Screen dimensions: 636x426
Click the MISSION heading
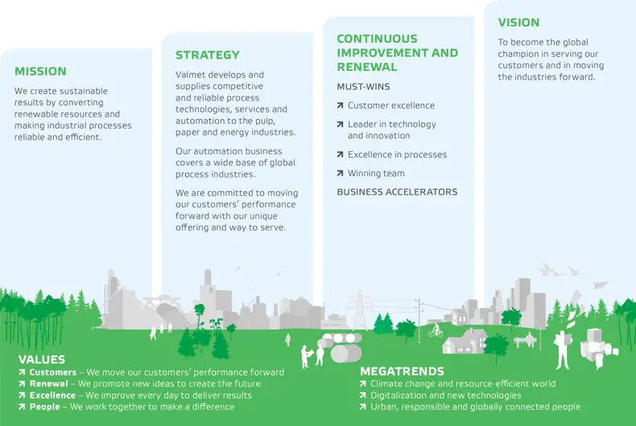[40, 72]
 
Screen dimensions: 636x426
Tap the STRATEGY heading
[207, 55]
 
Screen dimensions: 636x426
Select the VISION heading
[518, 23]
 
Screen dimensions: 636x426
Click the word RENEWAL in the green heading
[366, 67]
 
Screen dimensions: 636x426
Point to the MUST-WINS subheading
[363, 87]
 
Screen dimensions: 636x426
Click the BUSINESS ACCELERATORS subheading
[397, 192]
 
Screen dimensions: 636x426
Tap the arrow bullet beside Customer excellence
[340, 105]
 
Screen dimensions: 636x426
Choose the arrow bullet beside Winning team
[340, 174]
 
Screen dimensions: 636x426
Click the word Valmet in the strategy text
[190, 75]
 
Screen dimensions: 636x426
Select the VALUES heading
[42, 359]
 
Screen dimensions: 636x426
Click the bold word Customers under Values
[52, 372]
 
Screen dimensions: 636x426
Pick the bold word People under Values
[44, 407]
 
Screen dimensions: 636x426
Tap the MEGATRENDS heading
[402, 371]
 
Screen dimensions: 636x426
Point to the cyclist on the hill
[436, 330]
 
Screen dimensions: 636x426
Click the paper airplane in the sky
[601, 285]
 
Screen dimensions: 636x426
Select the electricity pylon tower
[359, 310]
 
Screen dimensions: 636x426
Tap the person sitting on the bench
[528, 339]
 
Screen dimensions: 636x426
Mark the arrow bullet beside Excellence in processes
[340, 154]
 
